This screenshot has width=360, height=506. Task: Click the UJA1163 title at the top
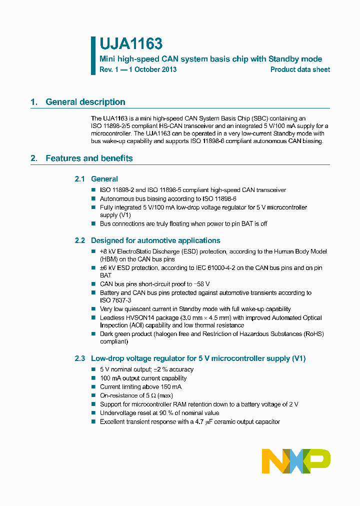(131, 44)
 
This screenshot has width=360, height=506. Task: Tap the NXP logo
(296, 461)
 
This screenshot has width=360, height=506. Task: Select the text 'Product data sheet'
(300, 69)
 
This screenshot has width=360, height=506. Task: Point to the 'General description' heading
(85, 102)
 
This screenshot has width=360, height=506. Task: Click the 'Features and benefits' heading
(89, 158)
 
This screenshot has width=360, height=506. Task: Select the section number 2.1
(80, 179)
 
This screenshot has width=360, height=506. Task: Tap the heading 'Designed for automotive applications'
(155, 240)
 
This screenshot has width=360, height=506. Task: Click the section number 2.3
(80, 358)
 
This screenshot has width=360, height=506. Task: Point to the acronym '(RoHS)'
(313, 333)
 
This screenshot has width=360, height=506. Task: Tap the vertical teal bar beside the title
(93, 55)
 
